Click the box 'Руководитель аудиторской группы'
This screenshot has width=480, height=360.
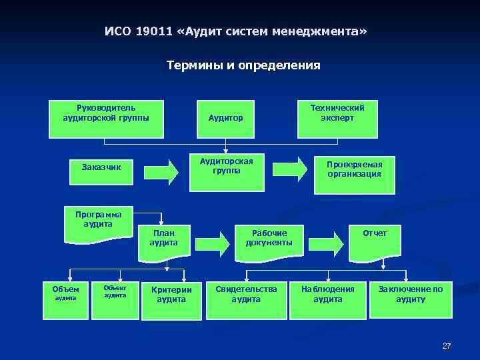[x=106, y=119]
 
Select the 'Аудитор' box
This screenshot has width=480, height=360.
[x=226, y=119]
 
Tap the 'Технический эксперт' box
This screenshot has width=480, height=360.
[x=337, y=118]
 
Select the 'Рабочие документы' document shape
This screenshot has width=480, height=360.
[x=269, y=239]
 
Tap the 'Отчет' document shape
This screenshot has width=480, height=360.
[x=375, y=239]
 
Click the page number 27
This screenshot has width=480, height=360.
[x=447, y=346]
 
